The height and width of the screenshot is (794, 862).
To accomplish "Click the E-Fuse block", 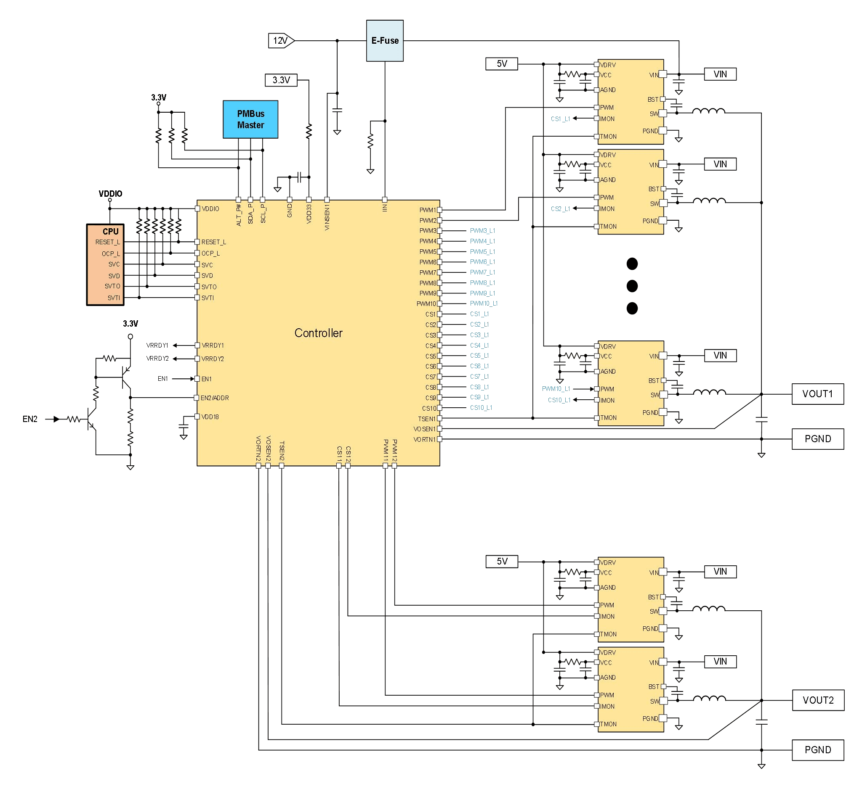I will pos(385,40).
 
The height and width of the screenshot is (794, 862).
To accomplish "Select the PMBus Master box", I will pos(250,119).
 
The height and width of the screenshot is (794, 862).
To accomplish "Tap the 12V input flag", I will pos(280,40).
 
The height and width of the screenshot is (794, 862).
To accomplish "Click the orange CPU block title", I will pos(110,231).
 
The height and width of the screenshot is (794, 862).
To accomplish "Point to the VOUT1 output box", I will pos(817,393).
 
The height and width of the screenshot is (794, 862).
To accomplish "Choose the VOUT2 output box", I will pos(818,700).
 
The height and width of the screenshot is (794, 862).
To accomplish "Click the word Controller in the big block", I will pos(318,332).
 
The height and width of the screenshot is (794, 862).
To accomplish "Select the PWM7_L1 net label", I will pos(482,272).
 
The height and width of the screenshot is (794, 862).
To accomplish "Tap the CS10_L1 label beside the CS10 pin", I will pos(481,407).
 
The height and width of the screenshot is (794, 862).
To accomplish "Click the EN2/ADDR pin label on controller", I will pos(215,398).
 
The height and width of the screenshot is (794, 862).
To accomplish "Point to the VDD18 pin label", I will pos(210,417).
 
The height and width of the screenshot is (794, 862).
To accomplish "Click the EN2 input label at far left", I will pos(30,419).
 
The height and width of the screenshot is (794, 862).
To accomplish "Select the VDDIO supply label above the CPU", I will pos(110,193).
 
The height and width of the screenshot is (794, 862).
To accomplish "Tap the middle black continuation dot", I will pos(631,286).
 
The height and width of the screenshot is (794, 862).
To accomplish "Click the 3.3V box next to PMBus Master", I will pos(281,80).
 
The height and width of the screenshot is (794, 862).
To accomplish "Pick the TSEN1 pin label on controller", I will pos(427,419).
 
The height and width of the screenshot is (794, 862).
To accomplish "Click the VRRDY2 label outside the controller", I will pos(157,359).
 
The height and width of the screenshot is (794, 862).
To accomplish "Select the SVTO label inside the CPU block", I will pos(112,286).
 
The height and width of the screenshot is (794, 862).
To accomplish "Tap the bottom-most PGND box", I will pos(817,749).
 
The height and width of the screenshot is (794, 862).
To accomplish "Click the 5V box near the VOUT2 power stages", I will pos(502,561).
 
